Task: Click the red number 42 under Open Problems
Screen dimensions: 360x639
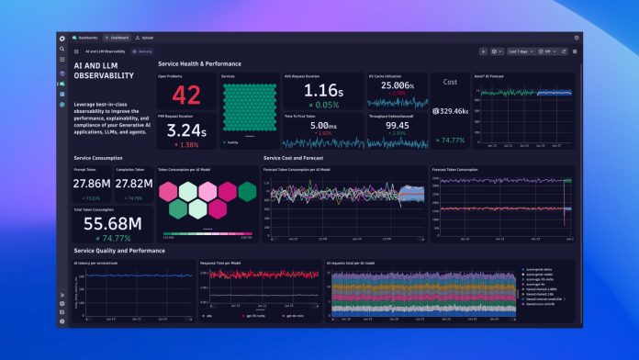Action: pyautogui.click(x=186, y=95)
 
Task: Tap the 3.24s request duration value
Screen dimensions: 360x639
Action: pyautogui.click(x=186, y=130)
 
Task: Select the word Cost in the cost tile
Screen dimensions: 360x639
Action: pyautogui.click(x=450, y=82)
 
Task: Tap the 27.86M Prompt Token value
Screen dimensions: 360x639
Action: pyautogui.click(x=92, y=185)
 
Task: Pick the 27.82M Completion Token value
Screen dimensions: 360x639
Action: pyautogui.click(x=133, y=185)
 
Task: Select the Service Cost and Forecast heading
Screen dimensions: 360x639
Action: pyautogui.click(x=294, y=158)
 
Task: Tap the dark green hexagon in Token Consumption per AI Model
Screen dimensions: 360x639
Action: pyautogui.click(x=246, y=190)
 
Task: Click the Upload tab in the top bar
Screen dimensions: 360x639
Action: pyautogui.click(x=146, y=38)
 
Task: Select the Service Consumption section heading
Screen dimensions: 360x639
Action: pyautogui.click(x=98, y=158)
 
